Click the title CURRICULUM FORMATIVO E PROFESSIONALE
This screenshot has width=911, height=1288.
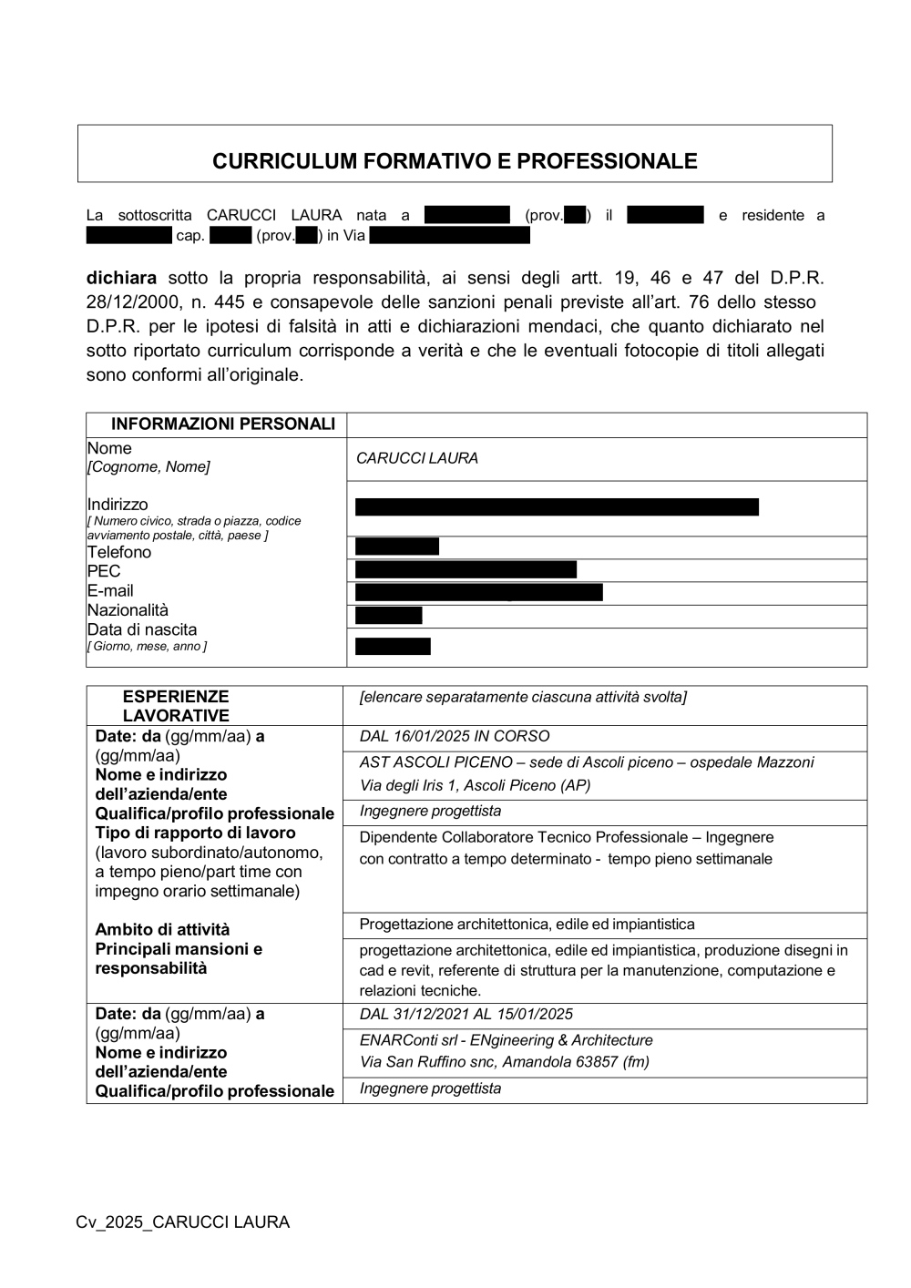[x=455, y=161]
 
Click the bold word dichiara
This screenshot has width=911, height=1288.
[x=121, y=277]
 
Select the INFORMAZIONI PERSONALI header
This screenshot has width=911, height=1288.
[x=222, y=424]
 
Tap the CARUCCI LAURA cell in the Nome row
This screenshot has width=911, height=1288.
[x=417, y=458]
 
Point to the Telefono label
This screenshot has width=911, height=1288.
[x=119, y=552]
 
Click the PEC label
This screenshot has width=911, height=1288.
[x=104, y=571]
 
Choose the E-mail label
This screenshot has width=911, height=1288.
[x=110, y=590]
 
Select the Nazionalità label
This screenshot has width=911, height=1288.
[x=128, y=610]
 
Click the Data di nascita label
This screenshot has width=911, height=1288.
[x=142, y=629]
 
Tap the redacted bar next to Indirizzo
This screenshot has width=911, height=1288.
[x=557, y=507]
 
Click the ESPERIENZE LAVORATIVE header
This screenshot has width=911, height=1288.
[x=176, y=706]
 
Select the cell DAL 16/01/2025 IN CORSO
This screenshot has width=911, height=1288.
[x=455, y=736]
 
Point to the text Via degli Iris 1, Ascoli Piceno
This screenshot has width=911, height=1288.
[x=475, y=785]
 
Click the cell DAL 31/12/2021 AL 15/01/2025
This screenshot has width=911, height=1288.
[x=466, y=1014]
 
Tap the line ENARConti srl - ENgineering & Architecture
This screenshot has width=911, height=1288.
[x=506, y=1040]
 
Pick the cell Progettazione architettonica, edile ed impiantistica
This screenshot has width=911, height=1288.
[x=527, y=925]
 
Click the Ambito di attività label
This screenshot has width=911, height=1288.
[x=162, y=929]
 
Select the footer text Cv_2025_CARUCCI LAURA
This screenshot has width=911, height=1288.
[x=183, y=1222]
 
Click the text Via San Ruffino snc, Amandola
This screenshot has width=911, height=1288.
[x=504, y=1061]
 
